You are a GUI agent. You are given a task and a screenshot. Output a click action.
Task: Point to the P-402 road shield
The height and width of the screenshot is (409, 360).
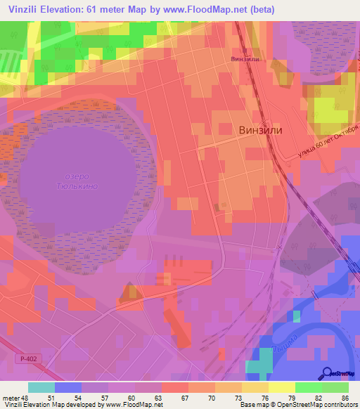point(25,358)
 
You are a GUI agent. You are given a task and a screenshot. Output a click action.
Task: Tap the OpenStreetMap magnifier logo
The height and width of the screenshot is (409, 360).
point(326,373)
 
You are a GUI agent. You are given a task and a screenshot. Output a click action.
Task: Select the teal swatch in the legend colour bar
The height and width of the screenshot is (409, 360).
point(41,387)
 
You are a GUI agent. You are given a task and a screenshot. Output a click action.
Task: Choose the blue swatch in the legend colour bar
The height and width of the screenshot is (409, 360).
point(68,387)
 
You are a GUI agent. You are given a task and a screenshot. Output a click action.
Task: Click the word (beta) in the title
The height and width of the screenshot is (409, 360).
point(259,10)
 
